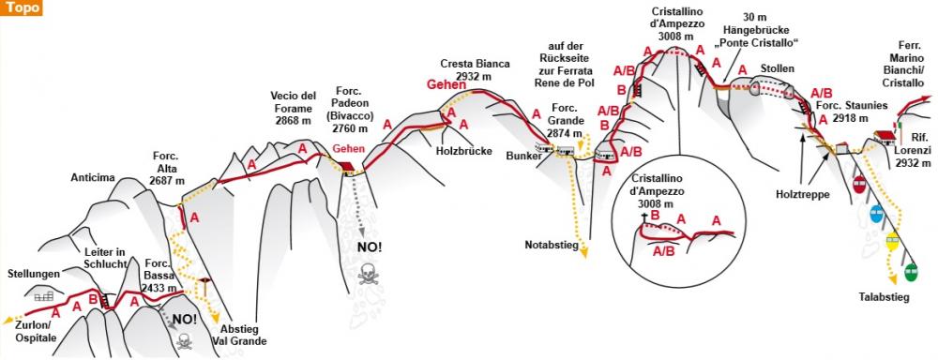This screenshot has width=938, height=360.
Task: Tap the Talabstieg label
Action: pyautogui.click(x=885, y=297)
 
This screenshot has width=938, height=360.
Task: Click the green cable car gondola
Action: pyautogui.click(x=910, y=273)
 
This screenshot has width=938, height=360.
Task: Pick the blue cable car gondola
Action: pyautogui.click(x=876, y=213)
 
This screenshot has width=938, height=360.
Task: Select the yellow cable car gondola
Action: pyautogui.click(x=893, y=242)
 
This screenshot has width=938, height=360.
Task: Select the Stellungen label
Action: pyautogui.click(x=33, y=274)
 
